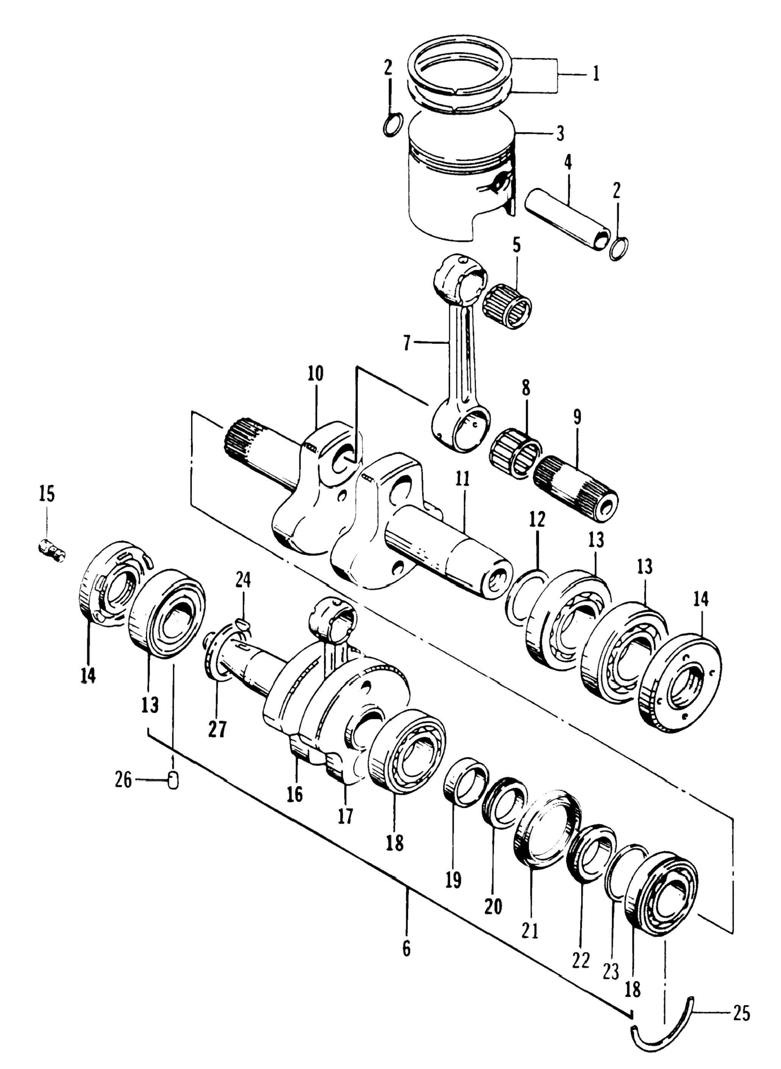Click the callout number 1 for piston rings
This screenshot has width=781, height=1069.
click(x=596, y=74)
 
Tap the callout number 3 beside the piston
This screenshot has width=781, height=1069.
click(x=560, y=134)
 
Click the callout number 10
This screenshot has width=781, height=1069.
click(x=316, y=375)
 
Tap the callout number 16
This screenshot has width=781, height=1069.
click(x=295, y=795)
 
